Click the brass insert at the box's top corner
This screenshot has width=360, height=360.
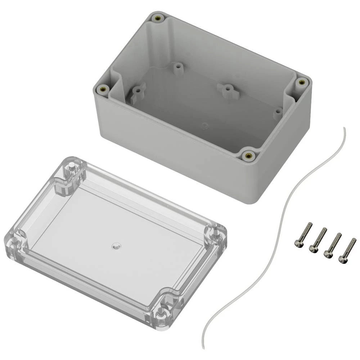157,18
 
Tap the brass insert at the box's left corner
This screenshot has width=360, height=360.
104,89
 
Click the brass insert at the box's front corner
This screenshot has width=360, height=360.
248,156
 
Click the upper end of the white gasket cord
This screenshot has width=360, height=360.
344,129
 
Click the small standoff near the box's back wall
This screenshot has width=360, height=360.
177,68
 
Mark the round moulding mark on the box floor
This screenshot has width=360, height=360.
204,126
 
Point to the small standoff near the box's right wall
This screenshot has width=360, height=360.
278,113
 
